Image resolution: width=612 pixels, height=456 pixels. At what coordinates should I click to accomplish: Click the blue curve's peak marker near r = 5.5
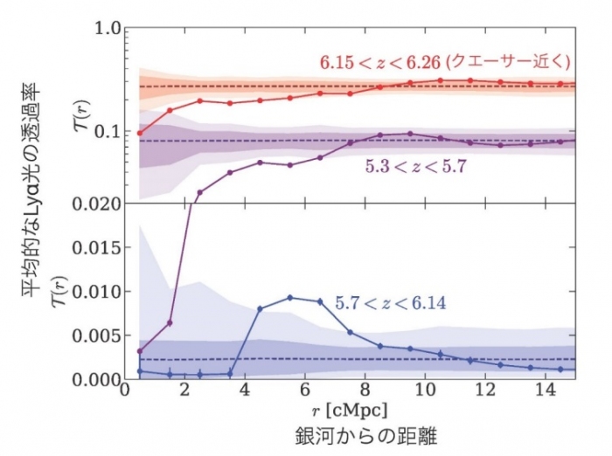[x=290, y=298]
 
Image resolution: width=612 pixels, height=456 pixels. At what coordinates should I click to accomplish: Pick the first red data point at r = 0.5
[x=140, y=133]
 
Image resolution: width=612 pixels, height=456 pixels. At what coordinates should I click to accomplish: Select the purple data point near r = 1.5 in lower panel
[x=170, y=322]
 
